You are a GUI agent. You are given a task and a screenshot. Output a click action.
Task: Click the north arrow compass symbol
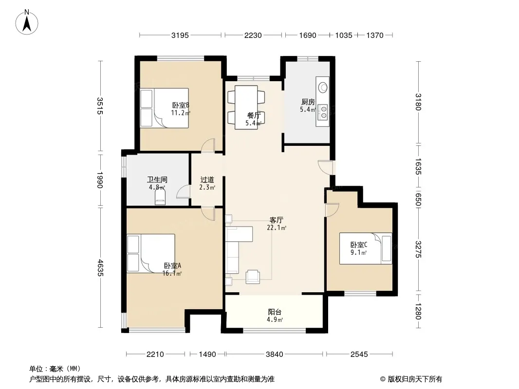(x=27, y=22)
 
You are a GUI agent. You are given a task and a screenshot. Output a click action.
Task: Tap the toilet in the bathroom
(x=160, y=198)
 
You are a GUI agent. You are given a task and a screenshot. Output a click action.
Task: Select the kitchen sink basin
(x=323, y=88)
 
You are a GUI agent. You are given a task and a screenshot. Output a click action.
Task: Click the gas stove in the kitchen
(x=323, y=112)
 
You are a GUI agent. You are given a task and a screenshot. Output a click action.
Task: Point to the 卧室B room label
(x=181, y=106)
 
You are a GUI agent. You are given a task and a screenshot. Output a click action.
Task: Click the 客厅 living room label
(x=277, y=220)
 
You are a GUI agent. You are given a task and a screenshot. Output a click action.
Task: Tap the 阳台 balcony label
(x=275, y=312)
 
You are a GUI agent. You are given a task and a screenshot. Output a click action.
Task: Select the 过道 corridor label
(x=207, y=180)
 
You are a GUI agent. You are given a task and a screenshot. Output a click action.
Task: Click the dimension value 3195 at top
(x=180, y=35)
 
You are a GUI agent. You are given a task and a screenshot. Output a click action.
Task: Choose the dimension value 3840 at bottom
(x=275, y=354)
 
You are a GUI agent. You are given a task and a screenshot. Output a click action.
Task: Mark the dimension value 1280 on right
(x=418, y=311)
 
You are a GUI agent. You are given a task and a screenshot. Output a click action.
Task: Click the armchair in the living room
(x=253, y=277)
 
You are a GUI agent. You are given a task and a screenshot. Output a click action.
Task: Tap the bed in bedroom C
(x=366, y=248)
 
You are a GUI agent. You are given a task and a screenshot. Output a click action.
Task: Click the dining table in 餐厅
(x=246, y=107)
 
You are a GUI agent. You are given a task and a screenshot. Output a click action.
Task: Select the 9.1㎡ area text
(x=359, y=253)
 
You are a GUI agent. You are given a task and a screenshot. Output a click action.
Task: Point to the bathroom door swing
(x=183, y=192)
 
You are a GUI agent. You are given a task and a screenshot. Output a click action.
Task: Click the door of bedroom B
(x=208, y=146)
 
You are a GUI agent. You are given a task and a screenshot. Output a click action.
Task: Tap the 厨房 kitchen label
(x=308, y=102)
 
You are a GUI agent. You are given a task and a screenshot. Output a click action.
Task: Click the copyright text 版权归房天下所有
(x=415, y=379)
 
